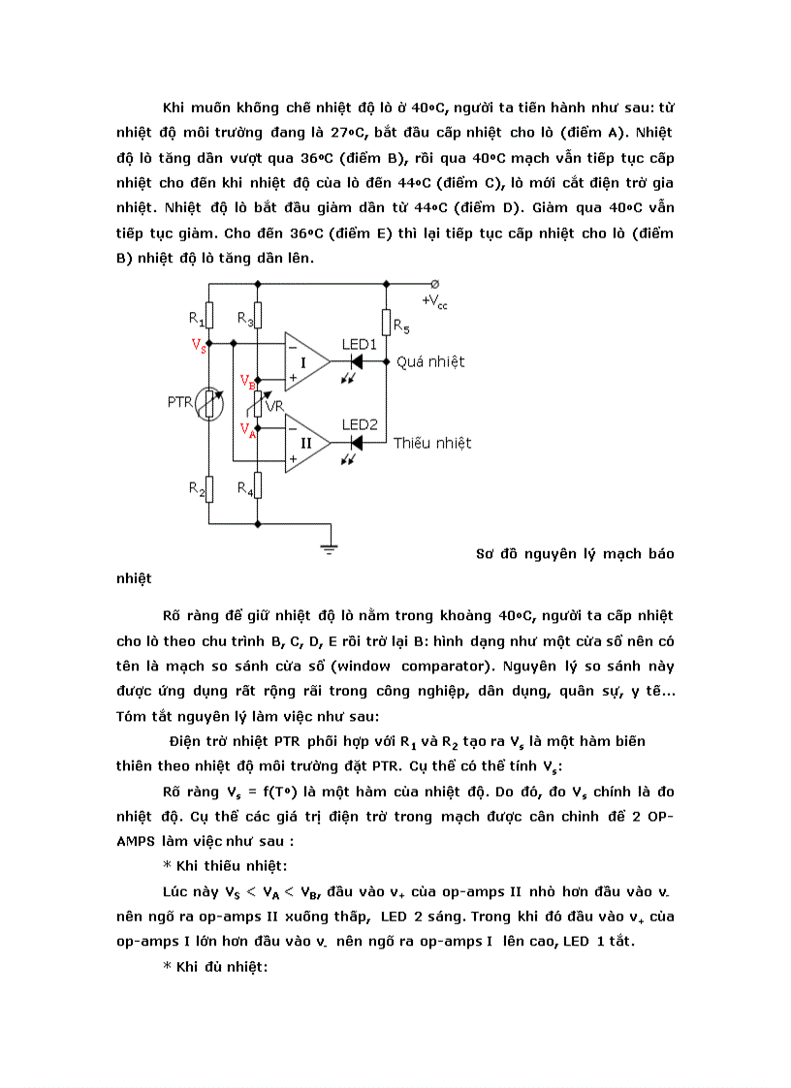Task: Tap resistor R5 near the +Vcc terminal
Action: click(386, 322)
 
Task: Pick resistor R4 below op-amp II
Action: click(257, 485)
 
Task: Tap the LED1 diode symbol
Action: click(356, 361)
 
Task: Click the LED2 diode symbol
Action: click(356, 443)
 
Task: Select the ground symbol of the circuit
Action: click(331, 549)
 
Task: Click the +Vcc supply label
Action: click(434, 302)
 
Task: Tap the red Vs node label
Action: click(198, 345)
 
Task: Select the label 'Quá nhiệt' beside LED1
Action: click(429, 361)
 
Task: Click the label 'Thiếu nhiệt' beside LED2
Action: click(432, 443)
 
